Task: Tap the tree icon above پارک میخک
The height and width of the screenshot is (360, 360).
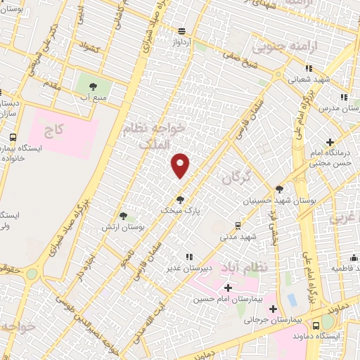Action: click(181, 199)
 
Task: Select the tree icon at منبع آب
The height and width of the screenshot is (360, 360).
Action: click(93, 86)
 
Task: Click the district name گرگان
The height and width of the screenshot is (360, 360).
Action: click(236, 179)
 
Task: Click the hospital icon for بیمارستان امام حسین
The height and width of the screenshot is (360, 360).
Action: click(228, 288)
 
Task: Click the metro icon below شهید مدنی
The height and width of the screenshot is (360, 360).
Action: click(238, 226)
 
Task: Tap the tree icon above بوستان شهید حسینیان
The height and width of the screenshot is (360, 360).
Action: click(279, 189)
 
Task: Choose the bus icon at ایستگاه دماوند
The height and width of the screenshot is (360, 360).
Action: click(317, 325)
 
